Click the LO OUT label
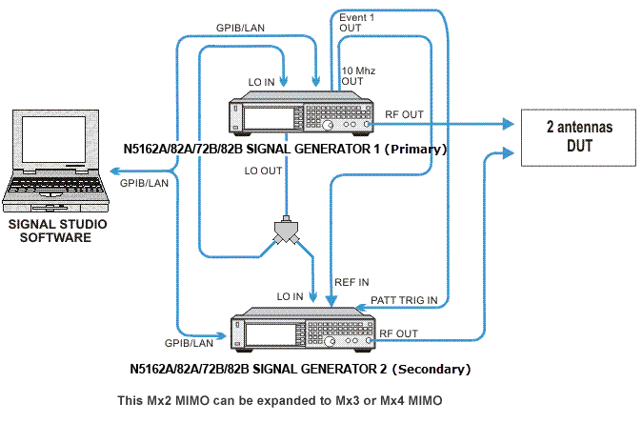[x=263, y=171]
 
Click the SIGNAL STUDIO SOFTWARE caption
[x=57, y=231]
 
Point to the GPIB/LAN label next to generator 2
[x=189, y=340]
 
